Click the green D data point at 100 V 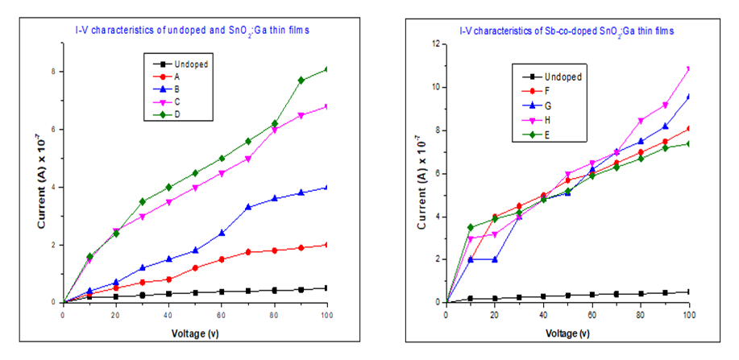327,69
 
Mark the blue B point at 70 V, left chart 248,207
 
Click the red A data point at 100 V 327,245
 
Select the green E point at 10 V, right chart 470,227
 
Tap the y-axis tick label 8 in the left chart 54,71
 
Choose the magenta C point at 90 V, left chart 301,115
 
